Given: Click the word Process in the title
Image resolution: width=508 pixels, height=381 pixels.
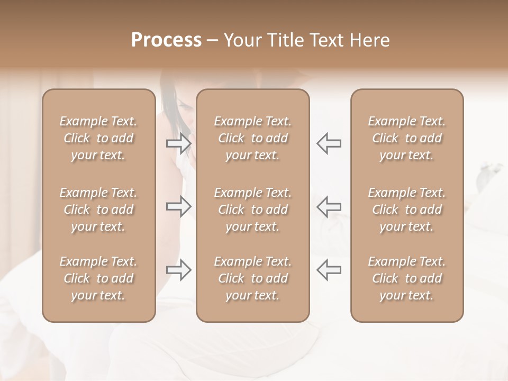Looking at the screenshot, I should (x=166, y=40).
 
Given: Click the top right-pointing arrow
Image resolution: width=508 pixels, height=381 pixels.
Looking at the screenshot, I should (x=178, y=143).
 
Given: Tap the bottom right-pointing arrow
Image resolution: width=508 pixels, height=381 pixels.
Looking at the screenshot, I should (x=178, y=270).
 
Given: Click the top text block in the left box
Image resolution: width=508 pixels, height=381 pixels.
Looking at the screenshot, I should (x=98, y=138).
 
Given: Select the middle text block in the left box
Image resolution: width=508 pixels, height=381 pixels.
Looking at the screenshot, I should (x=98, y=210).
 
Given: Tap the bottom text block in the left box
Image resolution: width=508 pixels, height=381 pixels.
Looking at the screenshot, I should (x=98, y=278).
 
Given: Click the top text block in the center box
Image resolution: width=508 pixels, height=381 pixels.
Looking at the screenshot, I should (x=253, y=138).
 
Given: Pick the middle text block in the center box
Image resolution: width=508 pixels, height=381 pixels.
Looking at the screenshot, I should (x=253, y=210).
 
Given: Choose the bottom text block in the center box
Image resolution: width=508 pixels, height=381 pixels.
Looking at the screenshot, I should (x=253, y=278).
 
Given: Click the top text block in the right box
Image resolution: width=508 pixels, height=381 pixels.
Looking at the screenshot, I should (x=407, y=138).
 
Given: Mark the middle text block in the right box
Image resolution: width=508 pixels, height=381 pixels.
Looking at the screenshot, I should (x=407, y=210).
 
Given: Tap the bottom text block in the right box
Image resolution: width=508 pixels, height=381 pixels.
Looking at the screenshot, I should (x=407, y=278).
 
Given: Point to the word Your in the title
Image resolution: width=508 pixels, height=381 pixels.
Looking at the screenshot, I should (x=241, y=40).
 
